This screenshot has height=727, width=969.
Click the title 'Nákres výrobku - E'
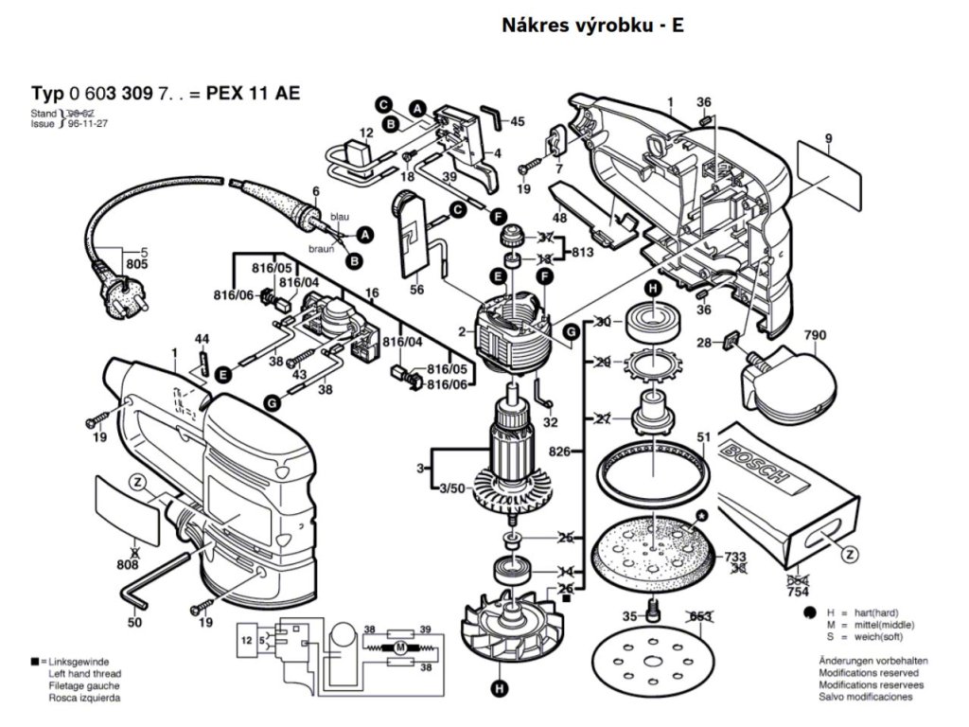(x=592, y=26)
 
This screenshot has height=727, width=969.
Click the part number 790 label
(x=816, y=335)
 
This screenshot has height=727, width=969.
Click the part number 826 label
(x=559, y=452)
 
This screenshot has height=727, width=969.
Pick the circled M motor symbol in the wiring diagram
(x=399, y=647)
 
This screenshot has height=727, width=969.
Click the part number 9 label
(x=828, y=139)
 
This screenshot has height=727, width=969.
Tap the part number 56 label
(x=416, y=292)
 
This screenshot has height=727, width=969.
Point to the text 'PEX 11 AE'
(x=251, y=93)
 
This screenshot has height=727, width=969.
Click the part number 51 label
(x=703, y=436)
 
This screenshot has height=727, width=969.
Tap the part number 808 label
(x=128, y=564)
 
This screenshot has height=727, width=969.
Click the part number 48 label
(x=560, y=218)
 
